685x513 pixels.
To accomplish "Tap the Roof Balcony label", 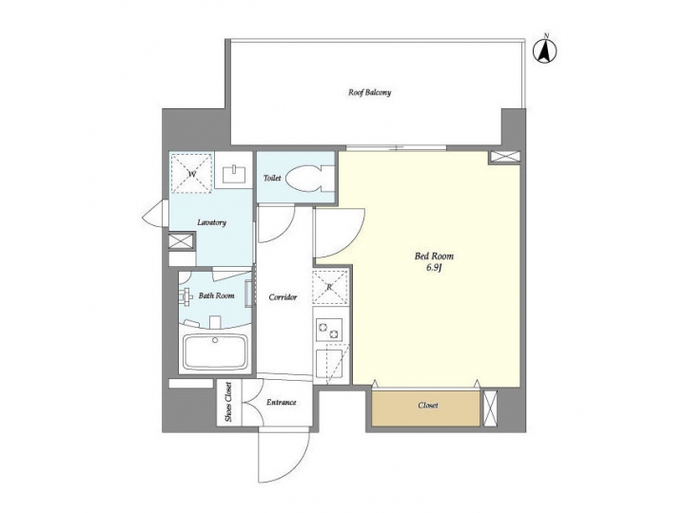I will [x=370, y=93].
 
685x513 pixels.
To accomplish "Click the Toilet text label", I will [x=271, y=177].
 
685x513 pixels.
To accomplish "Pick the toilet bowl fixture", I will [x=309, y=177].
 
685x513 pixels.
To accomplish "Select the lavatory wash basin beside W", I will [x=233, y=173].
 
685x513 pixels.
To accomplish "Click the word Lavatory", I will [x=211, y=222].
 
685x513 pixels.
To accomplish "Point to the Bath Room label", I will [x=216, y=295].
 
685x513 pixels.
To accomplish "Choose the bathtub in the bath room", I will [x=214, y=353].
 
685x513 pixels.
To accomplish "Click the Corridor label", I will [x=284, y=296].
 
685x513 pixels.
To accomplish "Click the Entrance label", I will [x=281, y=402].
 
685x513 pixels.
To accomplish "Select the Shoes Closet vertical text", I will [x=228, y=403].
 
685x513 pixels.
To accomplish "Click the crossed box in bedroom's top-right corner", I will [x=501, y=158].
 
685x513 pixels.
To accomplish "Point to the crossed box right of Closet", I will [x=490, y=407].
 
